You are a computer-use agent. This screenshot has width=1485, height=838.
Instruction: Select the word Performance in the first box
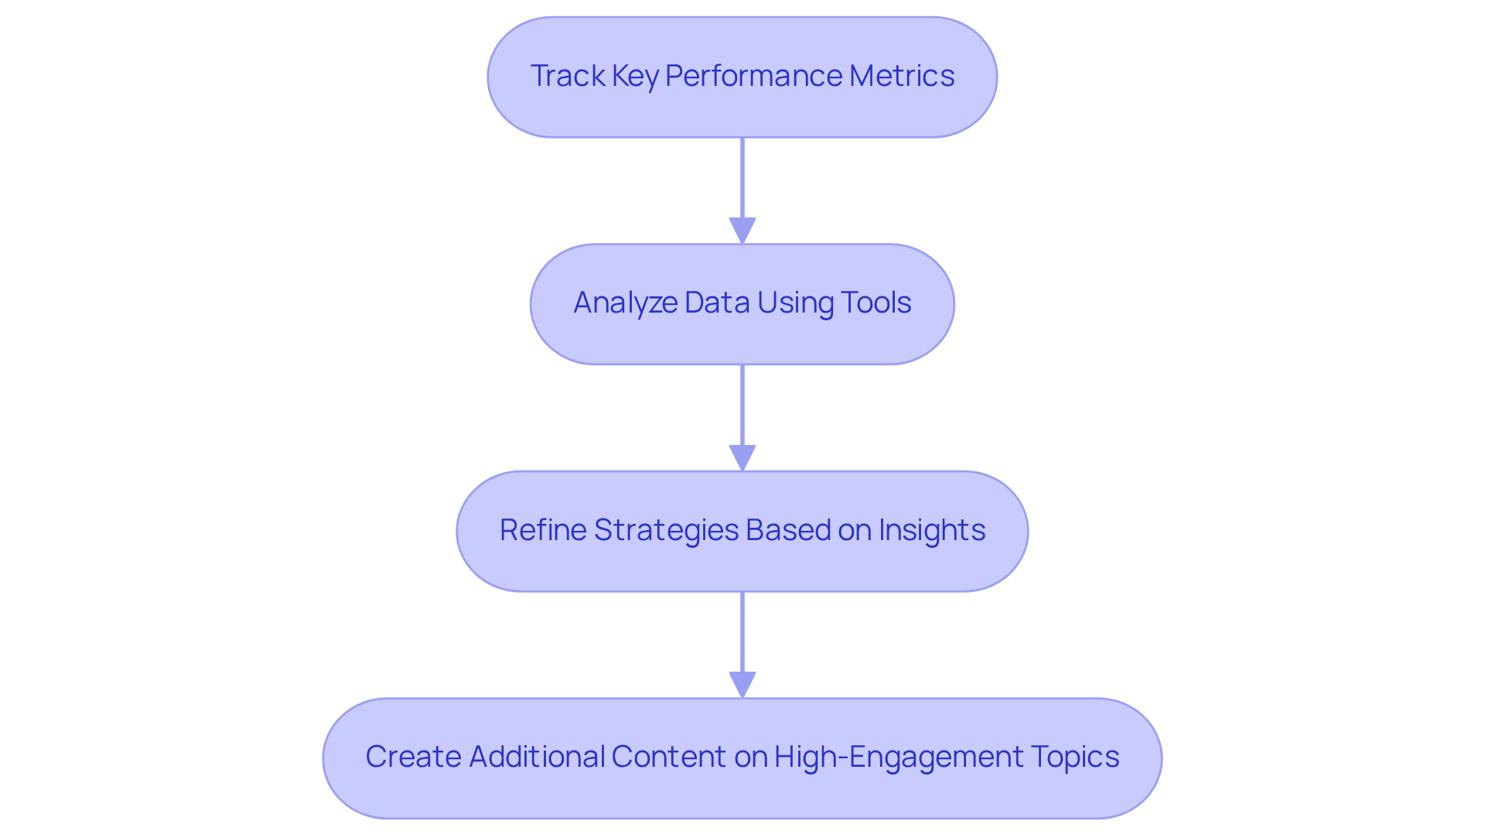coord(753,76)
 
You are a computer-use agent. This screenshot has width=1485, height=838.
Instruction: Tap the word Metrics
coord(901,76)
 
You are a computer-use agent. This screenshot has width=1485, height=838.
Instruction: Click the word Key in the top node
coord(634,76)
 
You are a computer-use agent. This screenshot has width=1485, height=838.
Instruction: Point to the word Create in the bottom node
coord(413,757)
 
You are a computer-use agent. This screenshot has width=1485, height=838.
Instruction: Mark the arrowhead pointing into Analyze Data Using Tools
coord(742,231)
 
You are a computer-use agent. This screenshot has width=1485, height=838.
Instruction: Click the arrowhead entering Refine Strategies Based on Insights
coord(742,458)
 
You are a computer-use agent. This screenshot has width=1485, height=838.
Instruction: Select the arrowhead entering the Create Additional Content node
coord(742,685)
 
